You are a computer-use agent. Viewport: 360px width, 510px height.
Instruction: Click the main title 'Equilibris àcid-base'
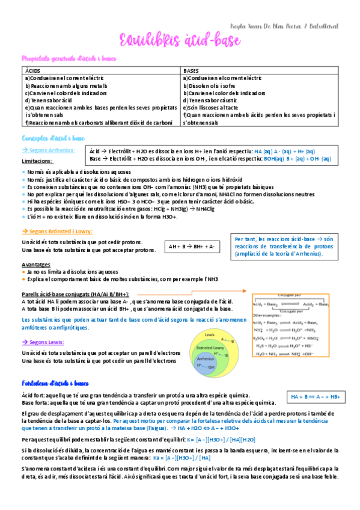click(180, 41)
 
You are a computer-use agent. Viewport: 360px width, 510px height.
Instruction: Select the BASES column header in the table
click(192, 71)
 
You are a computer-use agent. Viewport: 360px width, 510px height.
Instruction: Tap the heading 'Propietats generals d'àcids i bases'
click(69, 58)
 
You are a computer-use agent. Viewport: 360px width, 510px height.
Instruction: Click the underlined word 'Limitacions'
click(37, 161)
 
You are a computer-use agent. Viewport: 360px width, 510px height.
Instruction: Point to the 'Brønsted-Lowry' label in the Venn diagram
click(210, 348)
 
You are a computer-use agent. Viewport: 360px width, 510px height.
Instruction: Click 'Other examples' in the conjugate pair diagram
click(265, 315)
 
